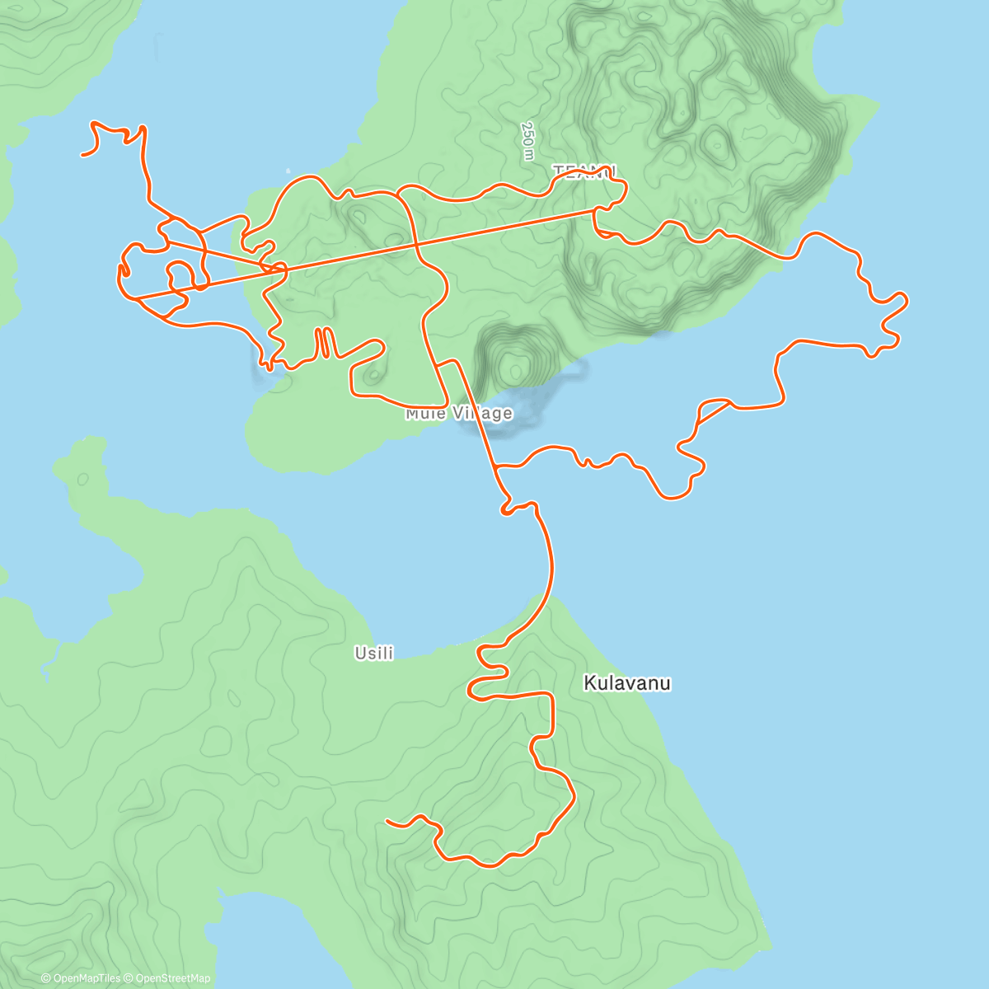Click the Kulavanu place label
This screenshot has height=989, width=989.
(626, 682)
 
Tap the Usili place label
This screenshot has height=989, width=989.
(373, 654)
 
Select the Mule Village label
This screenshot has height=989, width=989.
(458, 413)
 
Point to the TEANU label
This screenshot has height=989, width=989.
(584, 171)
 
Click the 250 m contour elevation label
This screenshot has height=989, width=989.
(527, 141)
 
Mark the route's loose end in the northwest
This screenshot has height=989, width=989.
(82, 154)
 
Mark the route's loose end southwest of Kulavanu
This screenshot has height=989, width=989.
(387, 822)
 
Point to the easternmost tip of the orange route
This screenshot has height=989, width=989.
(907, 298)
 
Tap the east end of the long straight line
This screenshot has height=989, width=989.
(595, 209)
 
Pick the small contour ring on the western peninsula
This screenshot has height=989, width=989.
(82, 478)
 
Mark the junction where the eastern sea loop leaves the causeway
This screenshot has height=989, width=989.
(496, 467)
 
